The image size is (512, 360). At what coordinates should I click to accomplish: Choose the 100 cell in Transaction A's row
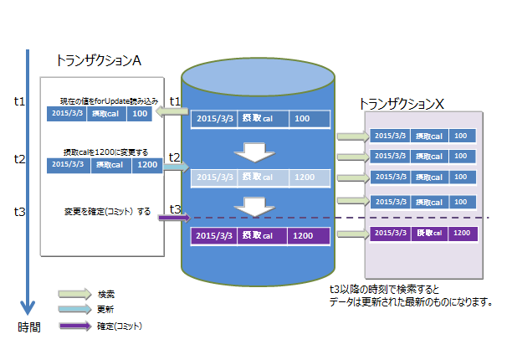[x=140, y=113]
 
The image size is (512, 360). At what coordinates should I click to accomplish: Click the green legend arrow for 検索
[x=74, y=294]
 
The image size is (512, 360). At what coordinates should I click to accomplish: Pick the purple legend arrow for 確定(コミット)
[x=74, y=324]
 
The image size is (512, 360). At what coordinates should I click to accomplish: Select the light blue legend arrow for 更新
[x=74, y=309]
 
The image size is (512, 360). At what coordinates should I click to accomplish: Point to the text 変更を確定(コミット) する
[x=106, y=212]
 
